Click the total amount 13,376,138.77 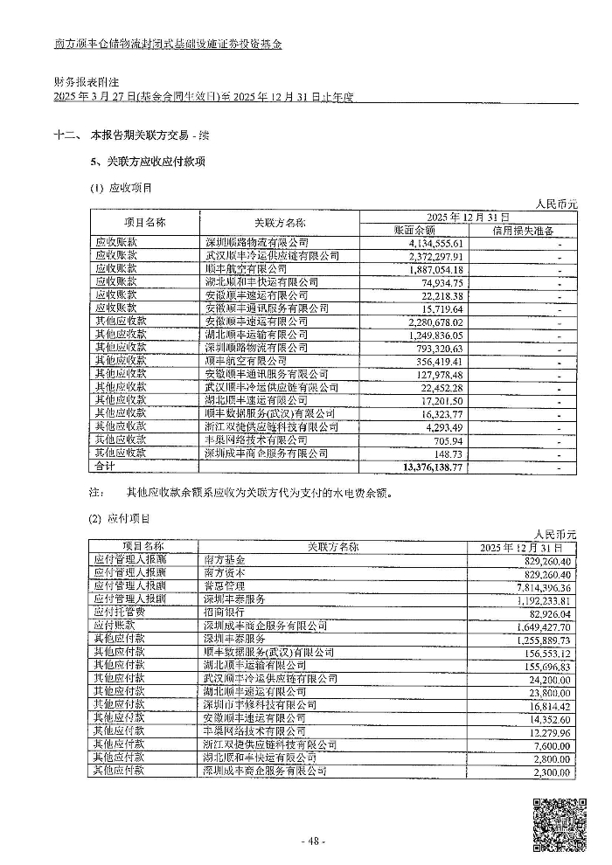446,468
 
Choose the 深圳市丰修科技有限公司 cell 259,704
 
